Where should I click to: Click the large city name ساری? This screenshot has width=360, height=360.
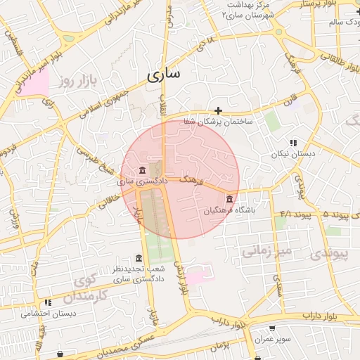pos(165,73)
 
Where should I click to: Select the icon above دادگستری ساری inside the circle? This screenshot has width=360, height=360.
pos(143,171)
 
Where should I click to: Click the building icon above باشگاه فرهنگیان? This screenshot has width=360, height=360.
pos(230,200)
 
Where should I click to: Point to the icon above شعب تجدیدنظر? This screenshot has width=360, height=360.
pos(138,259)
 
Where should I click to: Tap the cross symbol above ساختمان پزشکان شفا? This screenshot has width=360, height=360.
pos(219,110)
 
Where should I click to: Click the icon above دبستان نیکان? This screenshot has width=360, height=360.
pos(293,143)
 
